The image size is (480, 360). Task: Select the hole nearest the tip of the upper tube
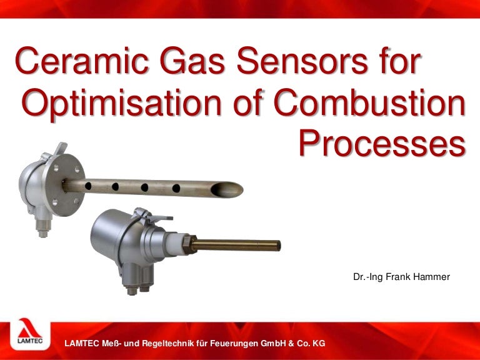point(176,187)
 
